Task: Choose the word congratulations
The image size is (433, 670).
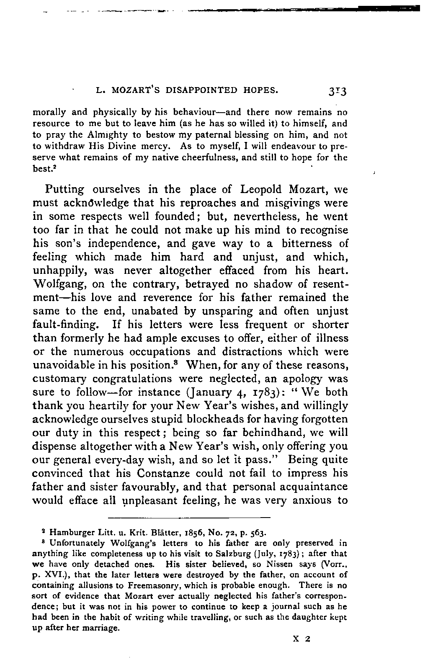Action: (x=134, y=379)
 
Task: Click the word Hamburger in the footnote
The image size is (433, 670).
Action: (x=68, y=533)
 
